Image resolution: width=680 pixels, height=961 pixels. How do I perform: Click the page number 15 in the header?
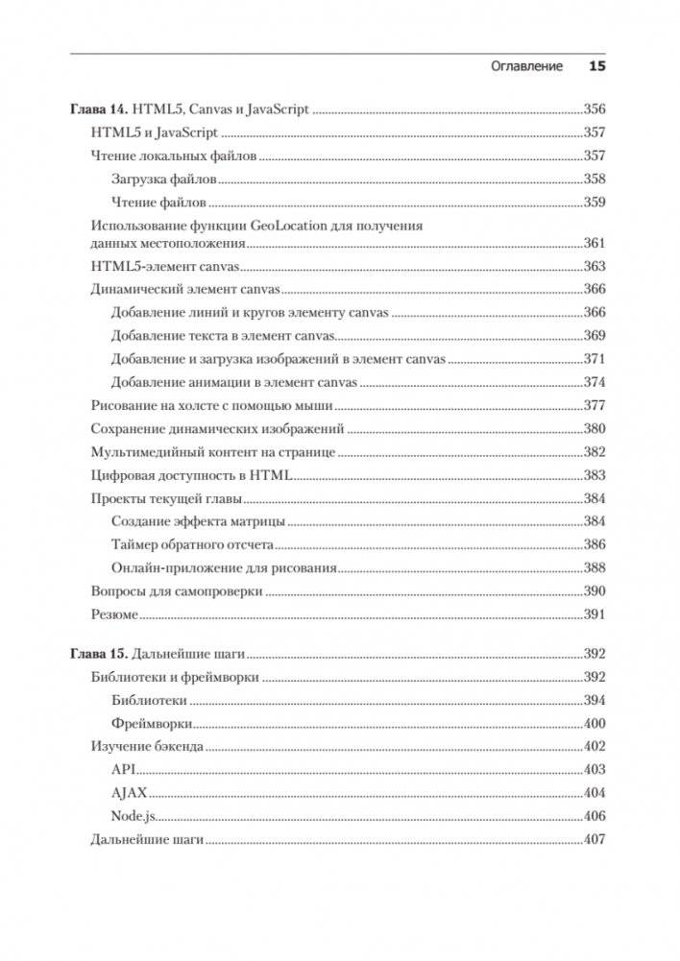point(596,67)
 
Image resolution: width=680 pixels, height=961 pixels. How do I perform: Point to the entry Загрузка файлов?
point(164,179)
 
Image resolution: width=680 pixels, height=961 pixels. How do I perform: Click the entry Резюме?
point(114,614)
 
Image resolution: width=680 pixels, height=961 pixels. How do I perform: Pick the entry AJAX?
point(129,794)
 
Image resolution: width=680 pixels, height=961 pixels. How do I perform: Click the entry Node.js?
point(134,817)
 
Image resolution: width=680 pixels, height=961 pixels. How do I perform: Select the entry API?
point(123,770)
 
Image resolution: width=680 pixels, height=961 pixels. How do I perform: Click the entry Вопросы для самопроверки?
point(176,591)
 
